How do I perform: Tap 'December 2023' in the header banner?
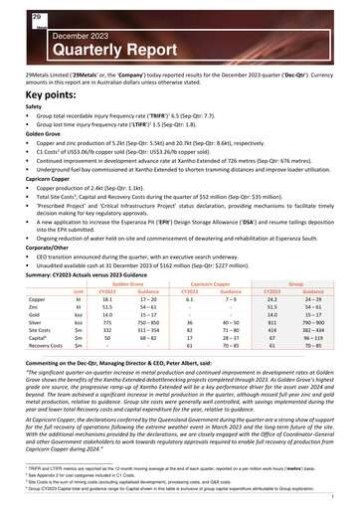tap(50, 29)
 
